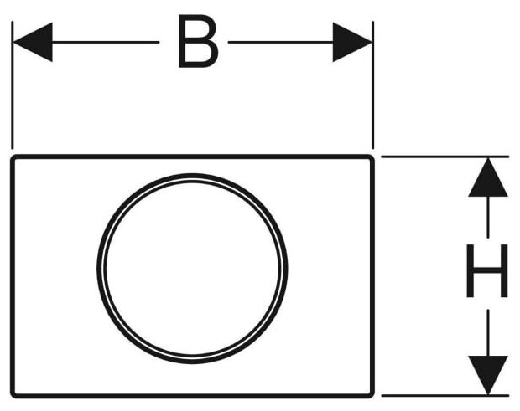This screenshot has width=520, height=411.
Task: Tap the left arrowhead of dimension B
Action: [x=33, y=42]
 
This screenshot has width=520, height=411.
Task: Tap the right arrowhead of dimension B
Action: [x=352, y=42]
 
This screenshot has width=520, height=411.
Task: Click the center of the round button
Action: [x=192, y=269]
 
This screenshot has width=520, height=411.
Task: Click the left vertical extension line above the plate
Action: [x=13, y=100]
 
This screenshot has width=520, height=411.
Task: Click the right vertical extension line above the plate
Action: [x=372, y=100]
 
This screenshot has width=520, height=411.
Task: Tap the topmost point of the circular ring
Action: [x=192, y=175]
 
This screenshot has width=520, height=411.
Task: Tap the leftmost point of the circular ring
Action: [x=98, y=269]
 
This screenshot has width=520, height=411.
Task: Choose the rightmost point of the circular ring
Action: [x=286, y=269]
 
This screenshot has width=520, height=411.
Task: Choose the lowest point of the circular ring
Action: [x=192, y=362]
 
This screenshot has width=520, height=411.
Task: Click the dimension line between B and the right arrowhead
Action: [x=281, y=42]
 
